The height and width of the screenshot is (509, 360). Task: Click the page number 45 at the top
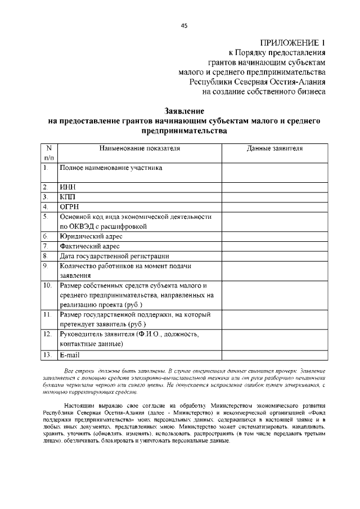pos(184,26)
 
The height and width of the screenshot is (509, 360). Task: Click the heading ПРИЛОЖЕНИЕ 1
pos(292,43)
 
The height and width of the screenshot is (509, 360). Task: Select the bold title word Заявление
pos(183,111)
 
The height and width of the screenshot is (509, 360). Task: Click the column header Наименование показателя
pos(139,148)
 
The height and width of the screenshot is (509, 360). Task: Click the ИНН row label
pos(67,187)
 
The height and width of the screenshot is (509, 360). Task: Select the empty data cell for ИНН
pos(274,187)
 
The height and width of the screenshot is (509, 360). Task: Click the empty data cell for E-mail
pos(274,355)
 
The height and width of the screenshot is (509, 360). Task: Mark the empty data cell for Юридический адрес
pos(274,236)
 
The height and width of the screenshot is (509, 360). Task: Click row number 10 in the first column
pos(48,286)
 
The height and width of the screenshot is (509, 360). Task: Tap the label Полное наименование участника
pos(111,168)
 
